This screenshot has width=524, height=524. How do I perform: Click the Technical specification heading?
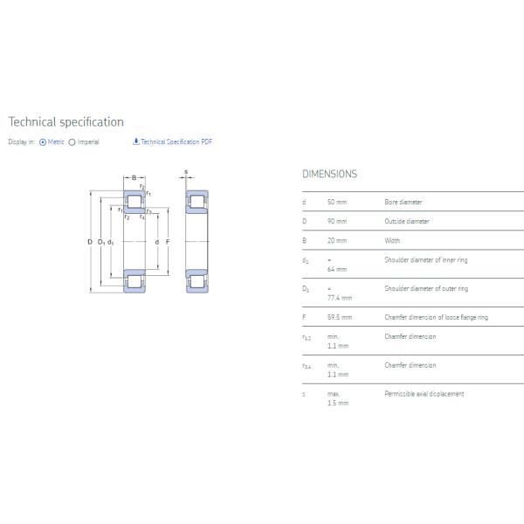pos(66,122)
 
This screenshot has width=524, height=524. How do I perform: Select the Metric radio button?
pos(43,142)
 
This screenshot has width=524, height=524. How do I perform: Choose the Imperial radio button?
pos(72,142)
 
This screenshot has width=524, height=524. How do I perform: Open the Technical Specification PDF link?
pos(172,141)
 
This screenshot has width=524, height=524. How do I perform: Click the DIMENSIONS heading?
pos(329,174)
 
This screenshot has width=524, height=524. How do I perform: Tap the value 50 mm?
pos(336,202)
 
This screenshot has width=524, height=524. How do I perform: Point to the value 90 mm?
pos(336,221)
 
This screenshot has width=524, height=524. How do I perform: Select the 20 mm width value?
pos(336,240)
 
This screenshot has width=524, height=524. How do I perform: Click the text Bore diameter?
pos(403,202)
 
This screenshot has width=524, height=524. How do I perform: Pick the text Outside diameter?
pos(407,221)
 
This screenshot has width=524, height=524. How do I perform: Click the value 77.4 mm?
pos(339,298)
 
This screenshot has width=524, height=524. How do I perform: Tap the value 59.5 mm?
pos(339,317)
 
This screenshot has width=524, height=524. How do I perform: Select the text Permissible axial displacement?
pos(424,394)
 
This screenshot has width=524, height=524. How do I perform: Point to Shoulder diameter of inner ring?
pos(425,259)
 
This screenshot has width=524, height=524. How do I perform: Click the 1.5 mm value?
pos(337,403)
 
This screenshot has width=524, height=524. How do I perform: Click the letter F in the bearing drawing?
pos(167,242)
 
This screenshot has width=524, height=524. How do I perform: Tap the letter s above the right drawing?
pos(186,171)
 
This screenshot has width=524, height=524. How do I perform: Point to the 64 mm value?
pos(336,269)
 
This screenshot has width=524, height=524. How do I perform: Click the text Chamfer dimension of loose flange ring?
pos(436,317)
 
